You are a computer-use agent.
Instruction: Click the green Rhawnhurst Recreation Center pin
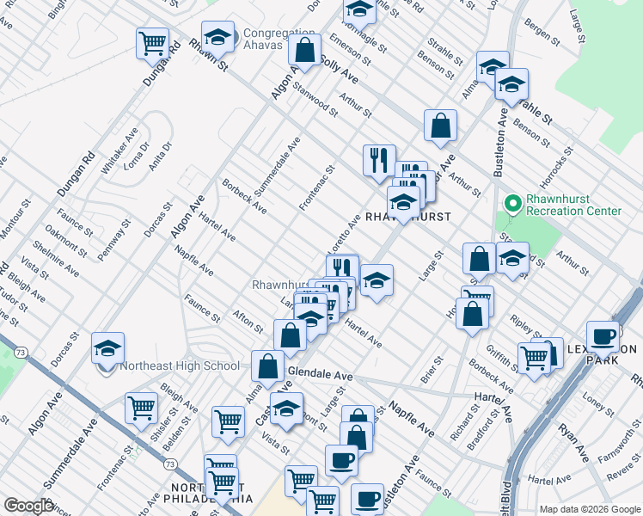(513, 204)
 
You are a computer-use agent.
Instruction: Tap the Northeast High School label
(180, 365)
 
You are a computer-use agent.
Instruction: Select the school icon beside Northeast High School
(107, 348)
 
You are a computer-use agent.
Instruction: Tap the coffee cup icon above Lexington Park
(603, 336)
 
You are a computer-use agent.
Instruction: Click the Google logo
(28, 506)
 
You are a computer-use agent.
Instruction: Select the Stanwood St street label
(315, 96)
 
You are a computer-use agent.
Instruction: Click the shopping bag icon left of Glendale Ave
(268, 365)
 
